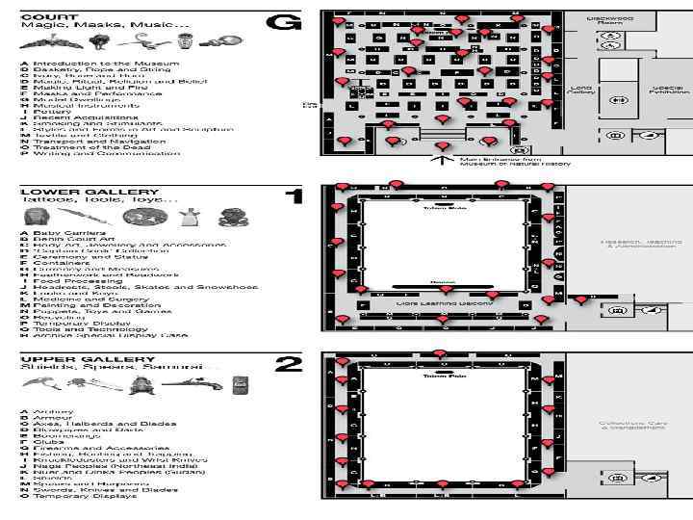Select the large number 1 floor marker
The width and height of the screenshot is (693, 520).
click(295, 196)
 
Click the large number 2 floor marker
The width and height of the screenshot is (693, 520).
click(289, 365)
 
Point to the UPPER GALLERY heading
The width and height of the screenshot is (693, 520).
click(88, 358)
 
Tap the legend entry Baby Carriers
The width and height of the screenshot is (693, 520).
click(61, 233)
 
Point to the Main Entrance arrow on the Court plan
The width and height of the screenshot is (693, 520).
click(442, 153)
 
